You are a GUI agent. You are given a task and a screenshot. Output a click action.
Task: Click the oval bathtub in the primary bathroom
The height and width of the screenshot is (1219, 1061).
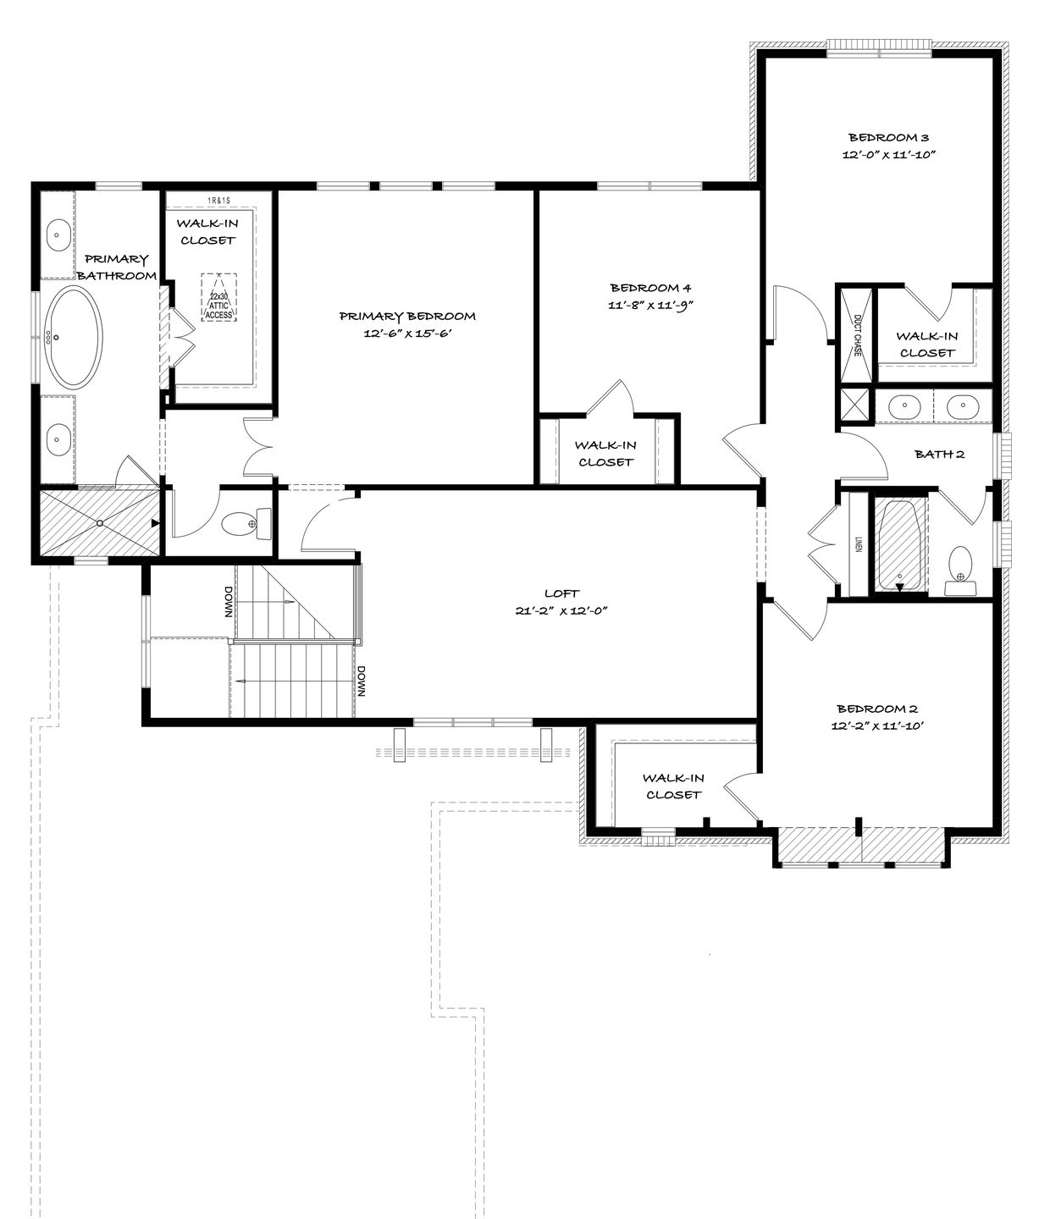pyautogui.click(x=75, y=339)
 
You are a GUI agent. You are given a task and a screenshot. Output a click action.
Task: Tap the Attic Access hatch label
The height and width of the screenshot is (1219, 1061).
pyautogui.click(x=218, y=305)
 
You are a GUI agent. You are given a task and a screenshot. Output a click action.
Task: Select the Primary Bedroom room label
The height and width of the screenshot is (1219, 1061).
pyautogui.click(x=407, y=316)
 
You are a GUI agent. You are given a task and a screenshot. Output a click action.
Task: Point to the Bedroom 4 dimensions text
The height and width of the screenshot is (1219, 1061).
pyautogui.click(x=650, y=305)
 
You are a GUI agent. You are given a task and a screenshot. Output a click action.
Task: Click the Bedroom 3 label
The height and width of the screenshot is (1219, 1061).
pyautogui.click(x=888, y=137)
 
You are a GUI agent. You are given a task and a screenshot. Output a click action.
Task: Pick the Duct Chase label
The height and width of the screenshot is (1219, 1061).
pyautogui.click(x=857, y=335)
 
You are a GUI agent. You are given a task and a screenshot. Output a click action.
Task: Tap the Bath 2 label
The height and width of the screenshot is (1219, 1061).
pyautogui.click(x=939, y=454)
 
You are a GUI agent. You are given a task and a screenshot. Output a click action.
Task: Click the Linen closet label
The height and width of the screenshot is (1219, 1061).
pyautogui.click(x=858, y=543)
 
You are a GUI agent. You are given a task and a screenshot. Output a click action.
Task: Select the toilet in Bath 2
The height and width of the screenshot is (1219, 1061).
pyautogui.click(x=960, y=571)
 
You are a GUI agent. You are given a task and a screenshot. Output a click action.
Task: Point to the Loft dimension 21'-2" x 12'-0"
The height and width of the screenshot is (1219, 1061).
pyautogui.click(x=561, y=610)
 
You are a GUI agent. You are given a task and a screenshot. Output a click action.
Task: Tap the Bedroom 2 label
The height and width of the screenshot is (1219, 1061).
pyautogui.click(x=877, y=709)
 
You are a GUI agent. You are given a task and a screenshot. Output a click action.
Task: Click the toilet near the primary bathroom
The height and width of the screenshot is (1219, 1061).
pyautogui.click(x=246, y=524)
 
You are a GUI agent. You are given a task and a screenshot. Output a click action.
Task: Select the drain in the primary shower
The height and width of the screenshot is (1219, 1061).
pyautogui.click(x=99, y=523)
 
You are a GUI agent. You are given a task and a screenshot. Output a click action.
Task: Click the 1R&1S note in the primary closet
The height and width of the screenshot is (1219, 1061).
pyautogui.click(x=218, y=200)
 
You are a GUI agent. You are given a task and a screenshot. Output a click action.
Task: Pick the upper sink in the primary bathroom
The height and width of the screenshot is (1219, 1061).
pyautogui.click(x=58, y=236)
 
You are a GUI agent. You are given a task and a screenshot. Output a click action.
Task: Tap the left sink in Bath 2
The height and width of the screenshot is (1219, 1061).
pyautogui.click(x=904, y=406)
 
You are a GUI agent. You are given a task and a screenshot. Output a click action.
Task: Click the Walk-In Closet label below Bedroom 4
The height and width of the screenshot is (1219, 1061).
pyautogui.click(x=605, y=454)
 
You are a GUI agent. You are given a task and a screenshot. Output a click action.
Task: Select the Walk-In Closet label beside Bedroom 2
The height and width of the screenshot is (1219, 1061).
pyautogui.click(x=673, y=786)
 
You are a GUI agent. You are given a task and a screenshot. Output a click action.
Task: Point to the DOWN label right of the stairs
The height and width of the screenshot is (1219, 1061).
pyautogui.click(x=361, y=681)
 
